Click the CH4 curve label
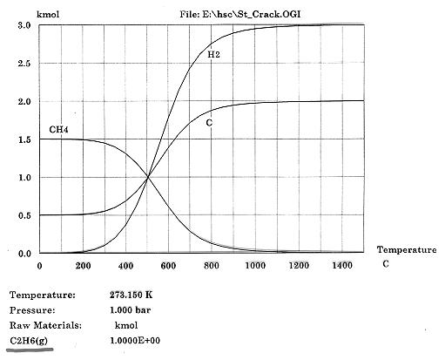[x=58, y=129]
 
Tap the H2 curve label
[x=213, y=54]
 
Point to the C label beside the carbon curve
[x=209, y=123]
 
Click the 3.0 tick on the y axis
[x=24, y=25]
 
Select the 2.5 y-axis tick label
[x=24, y=64]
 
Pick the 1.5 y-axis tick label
[x=24, y=139]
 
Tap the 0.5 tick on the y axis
[x=24, y=215]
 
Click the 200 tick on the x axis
[x=83, y=266]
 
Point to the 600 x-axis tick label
[x=168, y=266]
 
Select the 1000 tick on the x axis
[x=255, y=266]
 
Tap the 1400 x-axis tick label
[x=342, y=266]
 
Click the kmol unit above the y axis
[x=48, y=14]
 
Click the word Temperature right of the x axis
[x=407, y=250]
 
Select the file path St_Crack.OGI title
[x=240, y=14]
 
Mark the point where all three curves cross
[x=148, y=177]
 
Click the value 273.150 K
[x=131, y=295]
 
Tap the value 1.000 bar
[x=131, y=310]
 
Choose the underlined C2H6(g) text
[x=29, y=341]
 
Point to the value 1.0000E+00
[x=135, y=341]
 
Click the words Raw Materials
[x=45, y=325]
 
